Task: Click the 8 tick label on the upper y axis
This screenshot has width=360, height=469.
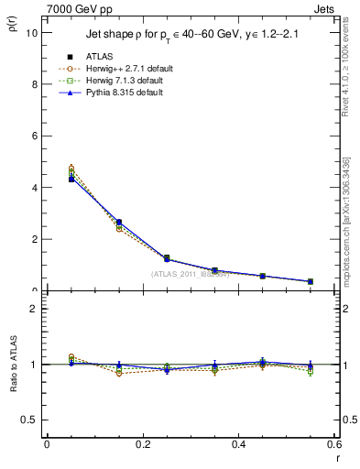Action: pos(34,84)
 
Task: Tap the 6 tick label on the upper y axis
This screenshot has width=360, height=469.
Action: pos(34,136)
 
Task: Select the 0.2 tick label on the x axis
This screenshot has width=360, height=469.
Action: pos(142,444)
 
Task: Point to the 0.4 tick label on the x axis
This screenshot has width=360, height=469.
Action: pos(238,444)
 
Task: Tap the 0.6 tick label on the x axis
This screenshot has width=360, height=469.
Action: pos(333,444)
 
